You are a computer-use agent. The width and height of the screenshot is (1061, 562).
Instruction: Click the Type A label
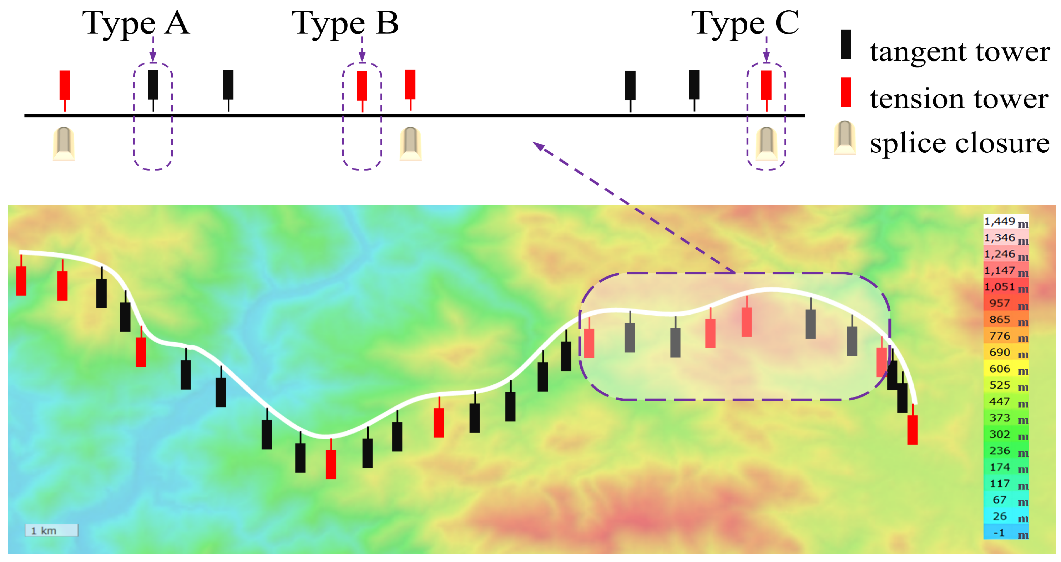[136, 23]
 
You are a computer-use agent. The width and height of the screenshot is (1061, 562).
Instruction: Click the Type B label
[345, 23]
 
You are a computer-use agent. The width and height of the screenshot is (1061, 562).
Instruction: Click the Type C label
[745, 23]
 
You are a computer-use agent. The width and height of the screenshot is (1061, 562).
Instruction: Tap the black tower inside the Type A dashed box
[153, 85]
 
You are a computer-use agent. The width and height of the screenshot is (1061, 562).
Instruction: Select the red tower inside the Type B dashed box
[362, 86]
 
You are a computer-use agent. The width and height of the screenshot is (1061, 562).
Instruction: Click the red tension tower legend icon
[845, 92]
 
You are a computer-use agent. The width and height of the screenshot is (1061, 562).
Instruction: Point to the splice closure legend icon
[845, 138]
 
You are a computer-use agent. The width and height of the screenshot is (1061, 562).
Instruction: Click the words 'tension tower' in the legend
[959, 99]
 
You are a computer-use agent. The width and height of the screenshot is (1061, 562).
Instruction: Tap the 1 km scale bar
[51, 530]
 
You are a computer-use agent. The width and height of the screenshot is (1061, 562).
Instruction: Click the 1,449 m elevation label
[1005, 222]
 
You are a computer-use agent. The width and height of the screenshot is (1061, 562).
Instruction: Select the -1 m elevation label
[1005, 533]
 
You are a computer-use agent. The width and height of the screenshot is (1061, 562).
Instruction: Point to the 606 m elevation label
[1005, 369]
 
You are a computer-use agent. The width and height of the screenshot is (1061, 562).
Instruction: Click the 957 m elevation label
[1005, 304]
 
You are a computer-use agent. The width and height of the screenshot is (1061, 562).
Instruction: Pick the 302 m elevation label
[1005, 435]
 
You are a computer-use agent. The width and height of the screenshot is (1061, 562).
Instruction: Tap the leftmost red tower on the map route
[21, 280]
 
